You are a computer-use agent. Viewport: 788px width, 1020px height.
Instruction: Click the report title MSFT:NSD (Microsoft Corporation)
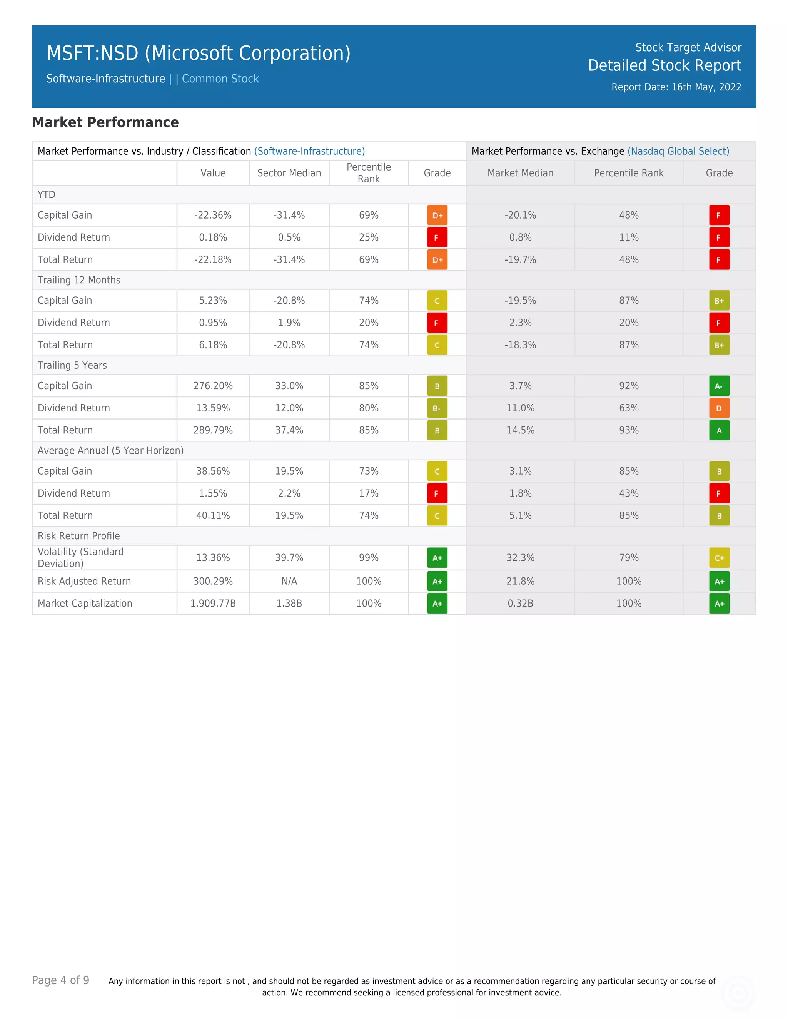[x=199, y=53]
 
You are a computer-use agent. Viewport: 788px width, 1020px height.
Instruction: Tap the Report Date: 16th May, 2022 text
[x=676, y=87]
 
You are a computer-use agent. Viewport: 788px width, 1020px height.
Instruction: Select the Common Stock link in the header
[x=220, y=79]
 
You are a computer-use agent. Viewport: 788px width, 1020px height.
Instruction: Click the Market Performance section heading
[x=105, y=122]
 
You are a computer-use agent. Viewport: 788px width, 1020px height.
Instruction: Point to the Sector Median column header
[x=289, y=173]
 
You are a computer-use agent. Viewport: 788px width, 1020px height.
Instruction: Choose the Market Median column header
[x=520, y=173]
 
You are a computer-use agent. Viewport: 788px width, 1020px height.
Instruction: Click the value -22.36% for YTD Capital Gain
[x=213, y=215]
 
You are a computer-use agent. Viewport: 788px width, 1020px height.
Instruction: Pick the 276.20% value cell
[x=213, y=386]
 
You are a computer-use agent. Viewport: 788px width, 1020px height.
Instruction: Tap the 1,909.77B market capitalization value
[x=213, y=604]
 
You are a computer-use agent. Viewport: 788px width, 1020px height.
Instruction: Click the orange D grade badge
[x=719, y=408]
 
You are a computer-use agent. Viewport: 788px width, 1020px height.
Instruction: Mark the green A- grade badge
[x=719, y=386]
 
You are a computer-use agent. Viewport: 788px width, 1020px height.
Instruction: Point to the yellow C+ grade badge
[x=719, y=558]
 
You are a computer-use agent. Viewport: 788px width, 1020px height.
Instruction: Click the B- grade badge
[x=437, y=408]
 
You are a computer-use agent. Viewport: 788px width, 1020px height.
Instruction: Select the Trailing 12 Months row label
[x=79, y=280]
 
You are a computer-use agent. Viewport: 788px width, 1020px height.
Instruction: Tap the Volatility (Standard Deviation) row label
[x=81, y=558]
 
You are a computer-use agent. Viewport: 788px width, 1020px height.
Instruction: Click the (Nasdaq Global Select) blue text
[x=678, y=151]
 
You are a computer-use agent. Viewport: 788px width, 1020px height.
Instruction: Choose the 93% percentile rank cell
[x=628, y=430]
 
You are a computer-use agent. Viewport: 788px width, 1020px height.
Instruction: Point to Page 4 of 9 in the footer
[x=61, y=980]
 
